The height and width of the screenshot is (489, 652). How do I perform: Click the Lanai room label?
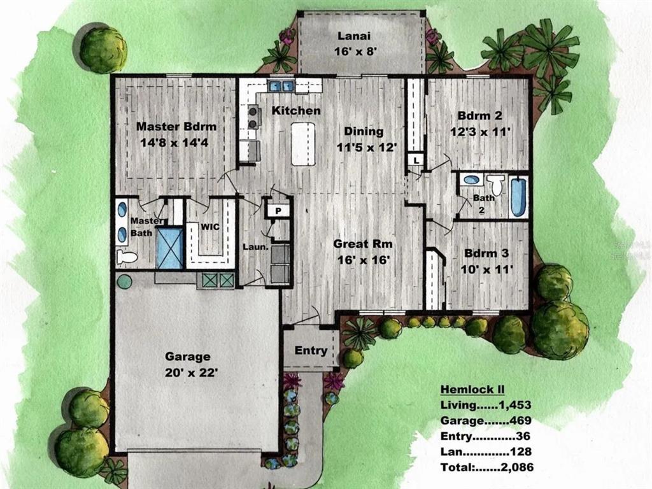coord(354,36)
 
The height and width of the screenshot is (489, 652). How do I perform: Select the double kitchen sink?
coord(281,86)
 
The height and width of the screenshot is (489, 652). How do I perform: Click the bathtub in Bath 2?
coord(518,197)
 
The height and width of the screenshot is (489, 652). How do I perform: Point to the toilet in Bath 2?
coord(495,184)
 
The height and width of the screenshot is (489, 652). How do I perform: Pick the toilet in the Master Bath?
coord(127,257)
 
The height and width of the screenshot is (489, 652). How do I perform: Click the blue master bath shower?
coord(169,248)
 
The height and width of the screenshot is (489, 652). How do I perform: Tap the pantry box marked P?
coord(278,211)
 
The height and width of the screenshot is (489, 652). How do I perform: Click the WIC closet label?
coord(210,227)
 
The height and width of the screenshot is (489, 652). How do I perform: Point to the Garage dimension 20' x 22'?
coord(192,372)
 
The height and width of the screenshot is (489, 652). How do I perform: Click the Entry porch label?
coord(311,351)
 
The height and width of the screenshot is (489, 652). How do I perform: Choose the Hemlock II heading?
coord(472,390)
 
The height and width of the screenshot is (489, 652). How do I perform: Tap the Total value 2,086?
coord(517,467)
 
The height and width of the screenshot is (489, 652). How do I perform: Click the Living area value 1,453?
coord(515,404)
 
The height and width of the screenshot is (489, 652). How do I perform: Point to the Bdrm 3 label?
coord(486,253)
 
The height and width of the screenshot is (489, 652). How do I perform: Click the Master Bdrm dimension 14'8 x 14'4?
coord(174,143)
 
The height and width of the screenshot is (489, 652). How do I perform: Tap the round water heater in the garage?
coord(124,281)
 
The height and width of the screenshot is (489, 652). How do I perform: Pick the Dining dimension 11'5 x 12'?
coord(365,147)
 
